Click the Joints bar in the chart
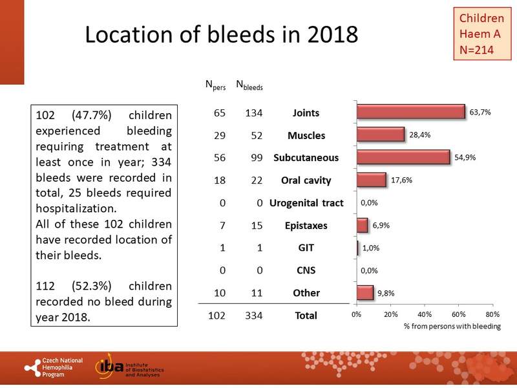411,112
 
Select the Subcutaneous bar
403,157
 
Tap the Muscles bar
381,135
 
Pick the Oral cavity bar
372,180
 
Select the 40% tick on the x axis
424,314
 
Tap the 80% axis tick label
492,314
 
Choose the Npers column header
215,84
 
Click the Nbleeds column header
249,84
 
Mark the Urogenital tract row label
306,203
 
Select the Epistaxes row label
306,226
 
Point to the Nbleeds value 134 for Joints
249,113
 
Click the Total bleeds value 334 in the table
249,316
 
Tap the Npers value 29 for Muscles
219,136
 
